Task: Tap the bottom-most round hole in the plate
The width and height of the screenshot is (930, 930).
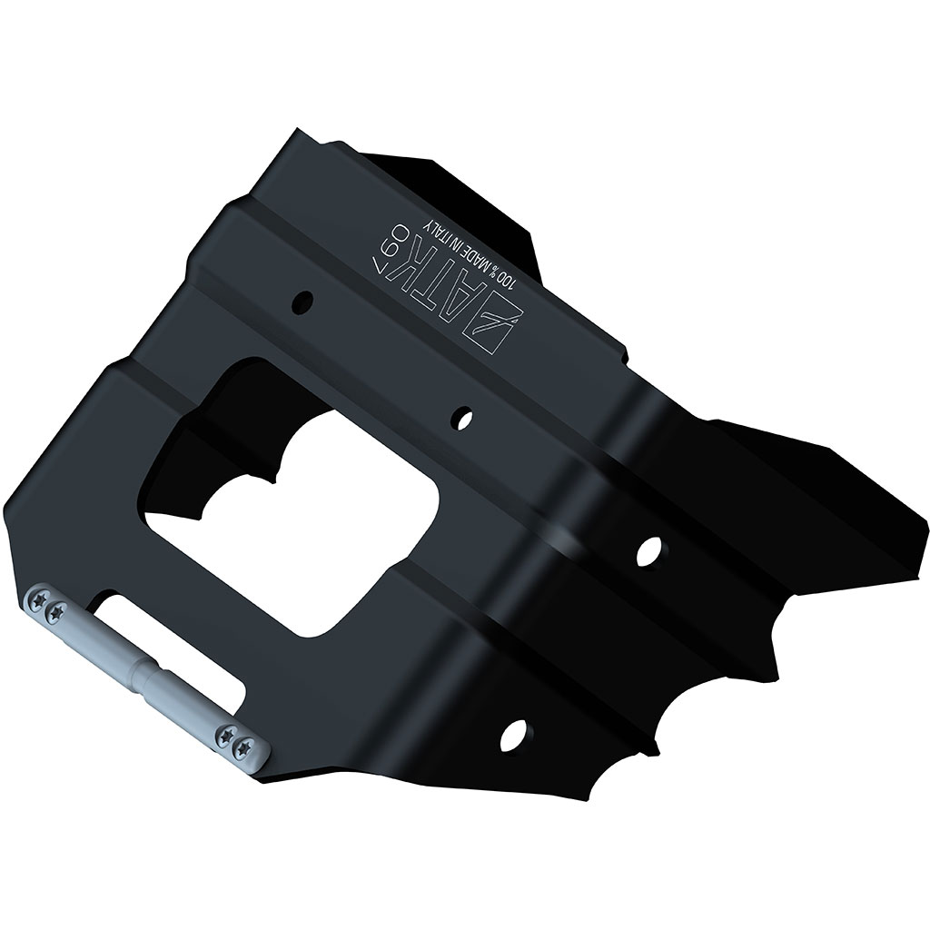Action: point(514,733)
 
